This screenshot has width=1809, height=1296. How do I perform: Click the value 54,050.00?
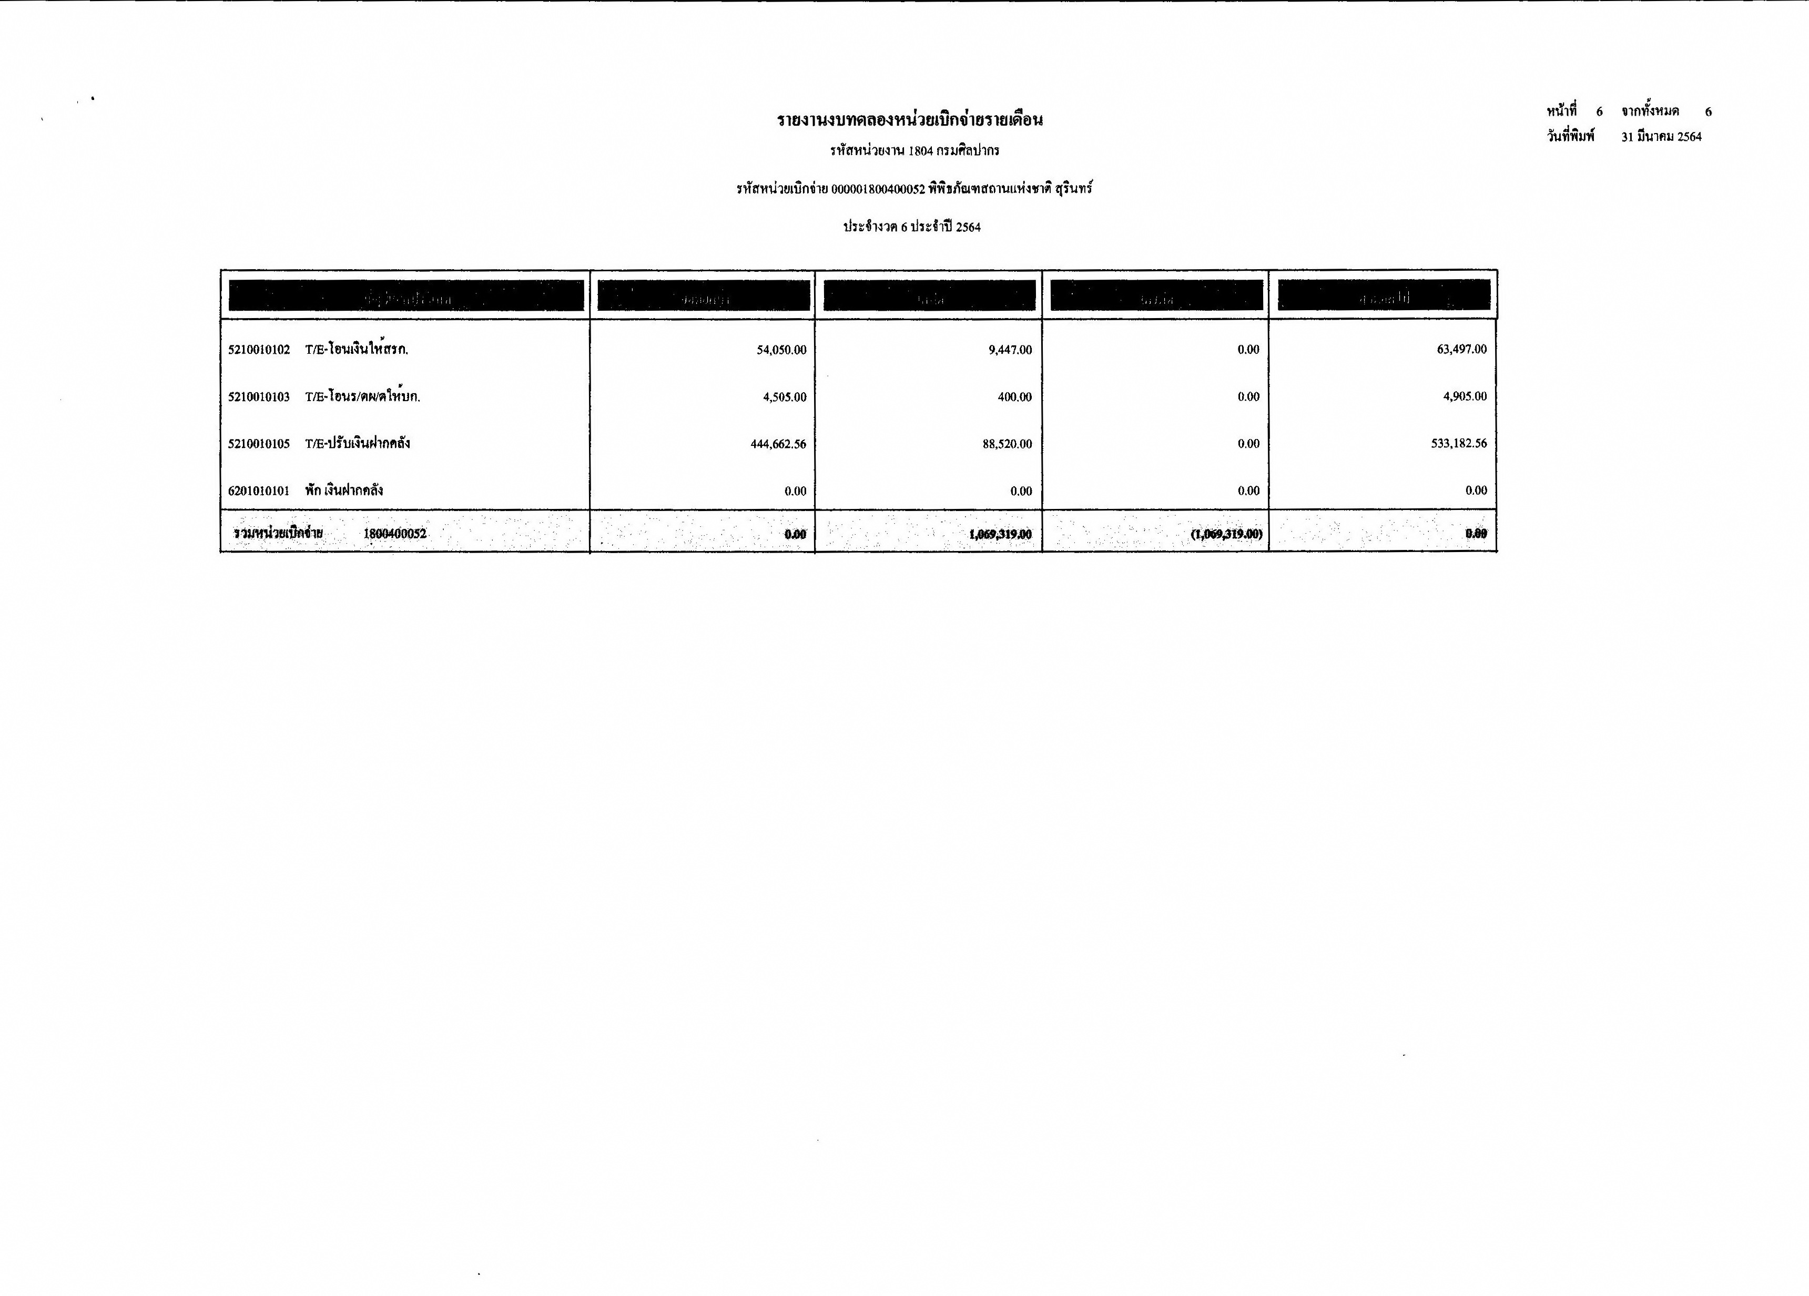(781, 349)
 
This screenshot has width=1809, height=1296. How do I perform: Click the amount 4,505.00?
(784, 396)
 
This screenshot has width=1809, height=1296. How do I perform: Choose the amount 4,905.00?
(1465, 396)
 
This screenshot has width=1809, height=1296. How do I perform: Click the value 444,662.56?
(778, 443)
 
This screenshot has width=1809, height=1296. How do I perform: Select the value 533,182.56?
(1458, 443)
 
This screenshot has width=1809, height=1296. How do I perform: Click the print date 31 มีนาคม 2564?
(1661, 136)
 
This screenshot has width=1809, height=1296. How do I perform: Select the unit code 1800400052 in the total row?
(395, 534)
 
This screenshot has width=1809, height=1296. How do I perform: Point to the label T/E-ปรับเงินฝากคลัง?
(358, 443)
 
